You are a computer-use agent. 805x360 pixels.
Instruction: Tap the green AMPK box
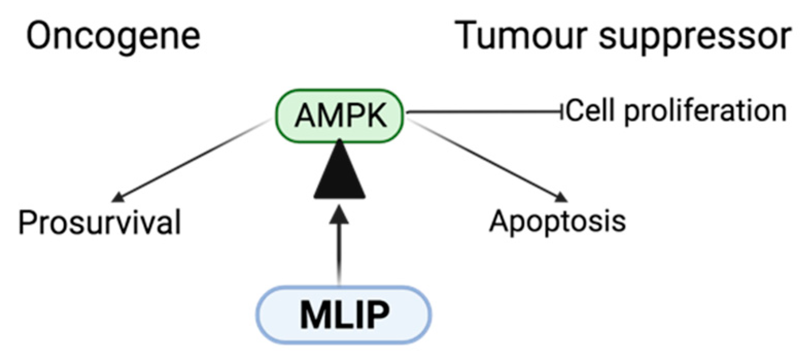[x=340, y=116]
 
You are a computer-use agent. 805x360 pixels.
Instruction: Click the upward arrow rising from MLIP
[x=339, y=247]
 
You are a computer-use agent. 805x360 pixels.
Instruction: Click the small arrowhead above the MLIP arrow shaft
[x=339, y=212]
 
